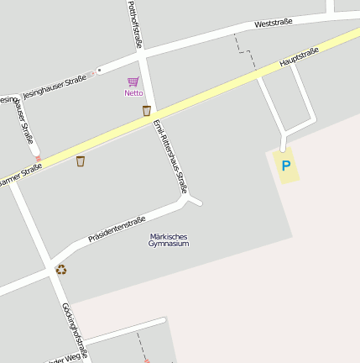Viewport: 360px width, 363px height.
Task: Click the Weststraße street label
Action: pyautogui.click(x=273, y=23)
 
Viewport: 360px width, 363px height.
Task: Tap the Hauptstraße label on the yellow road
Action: pyautogui.click(x=299, y=57)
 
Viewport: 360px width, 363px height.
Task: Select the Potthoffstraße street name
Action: pyautogui.click(x=133, y=24)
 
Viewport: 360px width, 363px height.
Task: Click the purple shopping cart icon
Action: pyautogui.click(x=133, y=82)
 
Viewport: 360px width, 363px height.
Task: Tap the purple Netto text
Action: pyautogui.click(x=133, y=93)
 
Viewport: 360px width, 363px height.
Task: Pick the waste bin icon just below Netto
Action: pyautogui.click(x=146, y=110)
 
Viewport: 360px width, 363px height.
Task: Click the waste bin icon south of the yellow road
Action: pyautogui.click(x=81, y=160)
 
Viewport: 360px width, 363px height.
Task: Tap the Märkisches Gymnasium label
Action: pyautogui.click(x=169, y=239)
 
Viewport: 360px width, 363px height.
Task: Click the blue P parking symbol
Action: pyautogui.click(x=285, y=166)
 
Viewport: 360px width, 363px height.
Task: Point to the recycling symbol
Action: pyautogui.click(x=60, y=270)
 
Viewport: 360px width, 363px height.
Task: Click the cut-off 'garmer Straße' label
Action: pyautogui.click(x=21, y=175)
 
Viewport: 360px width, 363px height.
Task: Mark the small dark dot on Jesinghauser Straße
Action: pyautogui.click(x=100, y=69)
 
